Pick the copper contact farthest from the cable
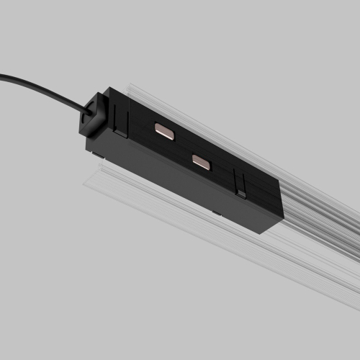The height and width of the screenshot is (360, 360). (202, 163)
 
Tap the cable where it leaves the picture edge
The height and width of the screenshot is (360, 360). (2, 75)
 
